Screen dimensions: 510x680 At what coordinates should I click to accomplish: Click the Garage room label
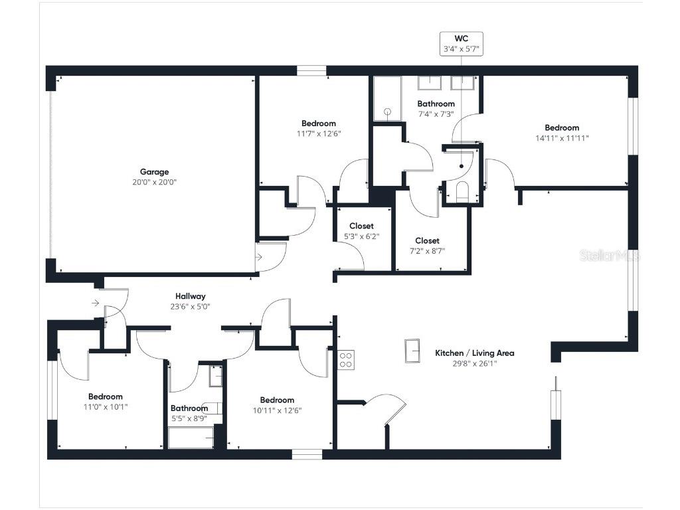click(x=154, y=172)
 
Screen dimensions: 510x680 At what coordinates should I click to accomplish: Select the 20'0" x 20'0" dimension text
click(x=154, y=182)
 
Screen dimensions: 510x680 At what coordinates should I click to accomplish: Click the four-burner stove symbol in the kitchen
click(x=346, y=359)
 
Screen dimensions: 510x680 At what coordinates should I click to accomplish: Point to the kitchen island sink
click(x=412, y=351)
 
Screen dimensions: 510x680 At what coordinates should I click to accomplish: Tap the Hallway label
click(x=190, y=296)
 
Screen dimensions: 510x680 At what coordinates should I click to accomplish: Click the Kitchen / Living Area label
click(x=474, y=353)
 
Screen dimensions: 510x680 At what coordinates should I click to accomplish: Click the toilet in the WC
click(x=463, y=193)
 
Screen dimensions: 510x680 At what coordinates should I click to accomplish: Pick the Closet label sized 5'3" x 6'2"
click(x=361, y=226)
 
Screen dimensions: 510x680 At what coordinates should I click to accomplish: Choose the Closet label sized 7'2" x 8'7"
click(x=427, y=240)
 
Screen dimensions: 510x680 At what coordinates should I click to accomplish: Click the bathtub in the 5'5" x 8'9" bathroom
click(x=191, y=438)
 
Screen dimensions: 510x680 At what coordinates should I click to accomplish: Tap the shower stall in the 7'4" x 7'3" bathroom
click(x=386, y=100)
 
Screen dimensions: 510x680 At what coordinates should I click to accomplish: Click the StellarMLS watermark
click(x=608, y=256)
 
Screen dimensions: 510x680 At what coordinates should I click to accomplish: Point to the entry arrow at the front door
click(x=96, y=303)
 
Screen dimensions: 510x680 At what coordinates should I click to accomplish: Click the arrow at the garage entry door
click(x=260, y=255)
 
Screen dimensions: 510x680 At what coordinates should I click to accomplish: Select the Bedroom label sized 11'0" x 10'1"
click(x=105, y=396)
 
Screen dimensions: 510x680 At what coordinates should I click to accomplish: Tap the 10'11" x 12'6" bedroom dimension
click(x=277, y=410)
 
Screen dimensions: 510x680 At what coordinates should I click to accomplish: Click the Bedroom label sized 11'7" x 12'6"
click(x=318, y=123)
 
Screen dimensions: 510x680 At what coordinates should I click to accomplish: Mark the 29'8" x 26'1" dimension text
click(x=474, y=363)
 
